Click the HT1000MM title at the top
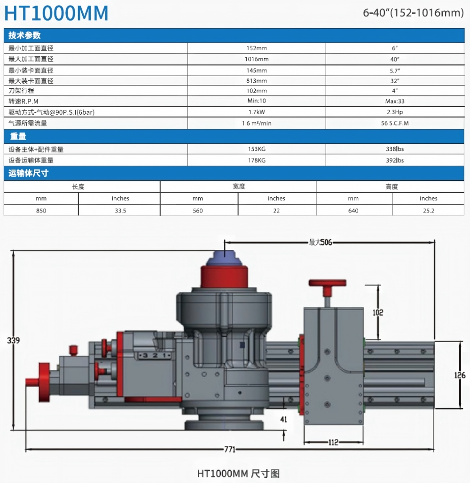(x=56, y=13)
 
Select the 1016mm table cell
(x=257, y=59)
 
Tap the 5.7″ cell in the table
(x=395, y=71)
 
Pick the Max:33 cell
(x=395, y=101)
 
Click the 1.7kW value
(x=257, y=112)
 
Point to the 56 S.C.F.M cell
(x=395, y=123)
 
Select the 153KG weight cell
(x=257, y=149)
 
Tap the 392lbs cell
(x=395, y=161)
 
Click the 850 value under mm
(x=41, y=210)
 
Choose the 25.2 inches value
(x=428, y=210)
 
